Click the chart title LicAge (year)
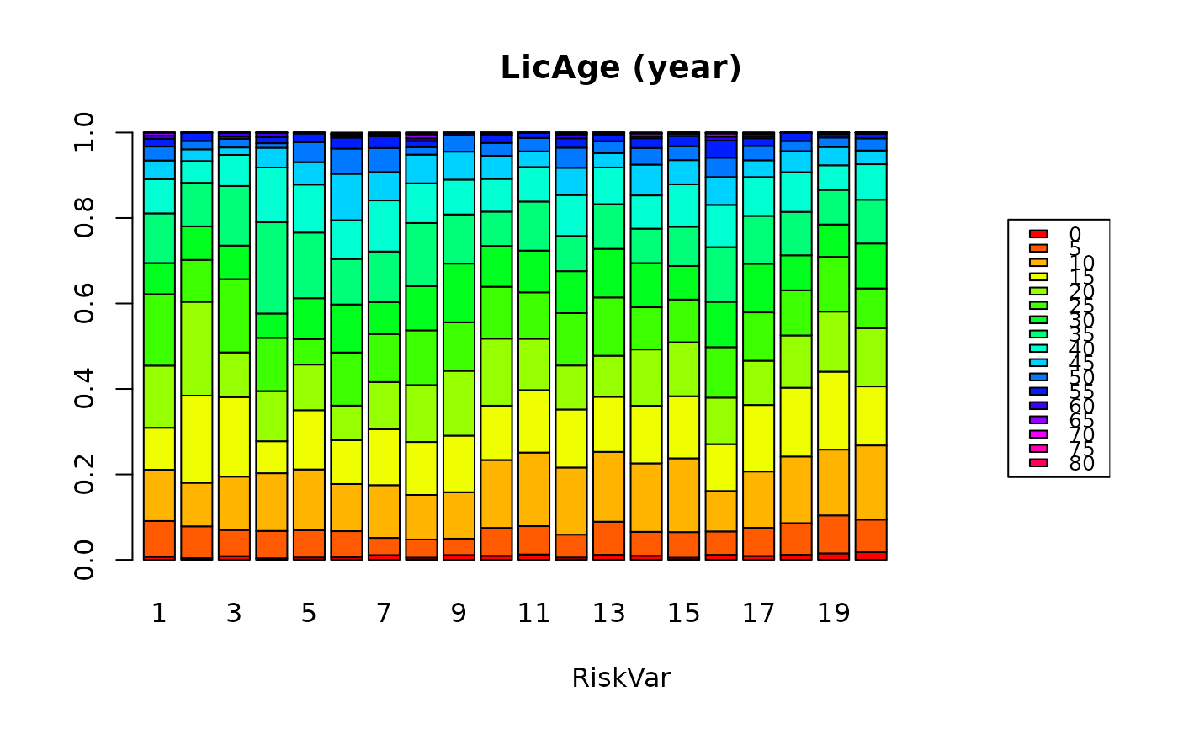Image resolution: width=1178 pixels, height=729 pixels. point(621,68)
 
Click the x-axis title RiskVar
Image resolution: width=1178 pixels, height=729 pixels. point(621,678)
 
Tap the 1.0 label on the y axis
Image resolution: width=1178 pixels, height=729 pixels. point(84,133)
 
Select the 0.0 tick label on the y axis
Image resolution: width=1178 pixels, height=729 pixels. point(84,559)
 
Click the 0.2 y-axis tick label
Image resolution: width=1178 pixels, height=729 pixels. point(84,474)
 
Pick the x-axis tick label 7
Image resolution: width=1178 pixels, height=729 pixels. point(384,614)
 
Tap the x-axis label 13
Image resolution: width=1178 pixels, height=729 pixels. point(608,614)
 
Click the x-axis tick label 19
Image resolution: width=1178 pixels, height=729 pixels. point(833,614)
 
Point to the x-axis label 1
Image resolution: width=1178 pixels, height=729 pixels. point(159,614)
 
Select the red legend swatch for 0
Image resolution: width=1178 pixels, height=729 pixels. point(1038,233)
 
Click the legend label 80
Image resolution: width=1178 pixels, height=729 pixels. point(1081,463)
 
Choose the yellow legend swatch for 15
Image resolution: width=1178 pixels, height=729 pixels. point(1038,276)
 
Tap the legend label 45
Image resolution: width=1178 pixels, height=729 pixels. point(1081,363)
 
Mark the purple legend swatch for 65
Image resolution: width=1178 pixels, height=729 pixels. point(1038,419)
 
